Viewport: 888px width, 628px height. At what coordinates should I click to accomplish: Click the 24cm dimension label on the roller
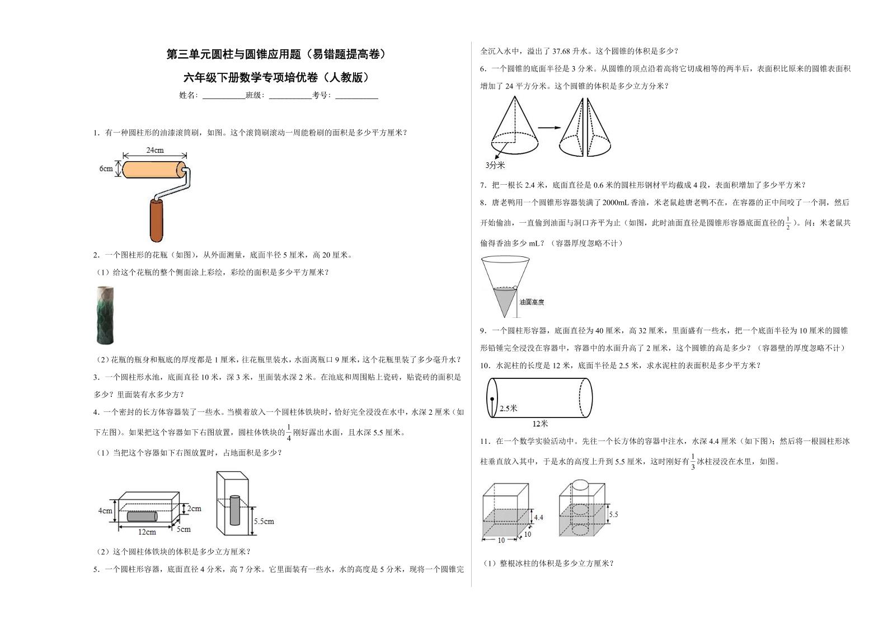155,150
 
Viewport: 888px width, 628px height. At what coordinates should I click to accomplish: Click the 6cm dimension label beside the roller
106,168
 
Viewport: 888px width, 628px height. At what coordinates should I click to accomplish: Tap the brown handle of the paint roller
157,219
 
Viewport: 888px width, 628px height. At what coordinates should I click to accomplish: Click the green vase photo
105,315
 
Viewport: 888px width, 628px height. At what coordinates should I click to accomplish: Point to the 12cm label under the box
147,532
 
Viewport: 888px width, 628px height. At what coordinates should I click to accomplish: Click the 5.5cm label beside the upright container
264,521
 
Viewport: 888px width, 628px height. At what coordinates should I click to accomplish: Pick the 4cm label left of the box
105,510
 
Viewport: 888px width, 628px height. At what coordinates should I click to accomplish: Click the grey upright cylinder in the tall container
235,510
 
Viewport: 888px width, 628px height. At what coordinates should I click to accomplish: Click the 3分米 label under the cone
495,165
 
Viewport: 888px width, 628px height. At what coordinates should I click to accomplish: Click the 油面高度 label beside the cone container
532,302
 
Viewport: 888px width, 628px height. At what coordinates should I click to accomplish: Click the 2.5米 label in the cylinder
508,408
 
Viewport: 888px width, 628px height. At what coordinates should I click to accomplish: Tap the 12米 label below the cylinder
540,424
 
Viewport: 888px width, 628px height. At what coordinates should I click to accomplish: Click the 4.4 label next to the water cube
538,517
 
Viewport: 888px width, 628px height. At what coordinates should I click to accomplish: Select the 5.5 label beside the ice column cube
613,514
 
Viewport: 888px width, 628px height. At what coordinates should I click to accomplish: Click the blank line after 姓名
223,96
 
